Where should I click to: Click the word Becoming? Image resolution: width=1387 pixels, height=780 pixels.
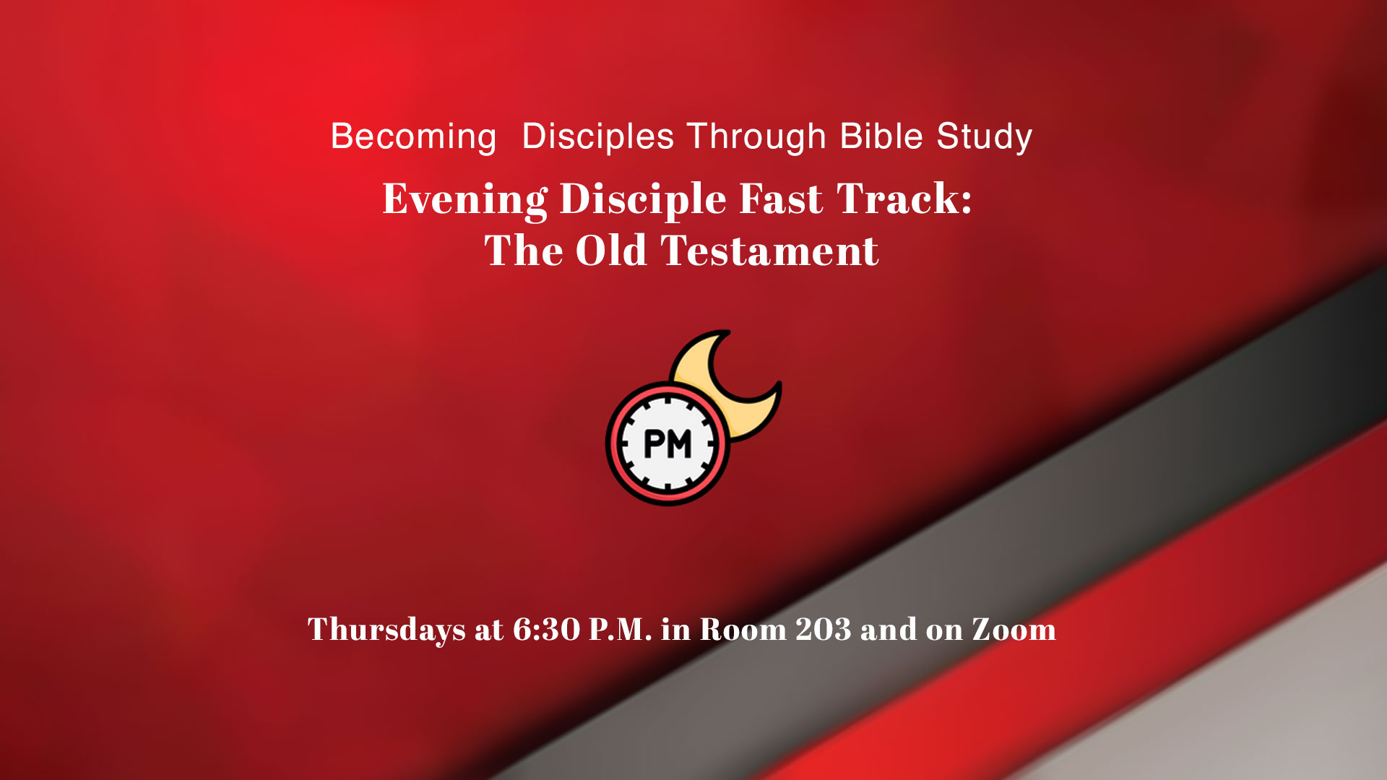point(413,137)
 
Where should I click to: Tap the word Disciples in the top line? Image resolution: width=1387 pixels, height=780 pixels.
point(597,137)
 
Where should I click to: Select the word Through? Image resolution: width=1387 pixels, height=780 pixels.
point(756,137)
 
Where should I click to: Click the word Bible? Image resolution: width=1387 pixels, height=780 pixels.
point(881,137)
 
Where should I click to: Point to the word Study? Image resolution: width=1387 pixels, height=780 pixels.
point(985,137)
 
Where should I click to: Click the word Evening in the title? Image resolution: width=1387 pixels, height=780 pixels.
point(465,199)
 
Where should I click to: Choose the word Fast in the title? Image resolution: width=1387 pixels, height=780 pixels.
point(781,199)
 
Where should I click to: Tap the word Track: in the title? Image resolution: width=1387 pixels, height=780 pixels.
point(904,199)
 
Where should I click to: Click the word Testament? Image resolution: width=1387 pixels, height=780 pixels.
point(769,251)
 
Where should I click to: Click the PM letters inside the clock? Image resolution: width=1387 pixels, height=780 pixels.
point(667,444)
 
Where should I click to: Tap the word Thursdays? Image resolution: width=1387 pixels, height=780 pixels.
point(386,630)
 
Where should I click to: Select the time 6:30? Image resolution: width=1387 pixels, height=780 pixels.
point(546,630)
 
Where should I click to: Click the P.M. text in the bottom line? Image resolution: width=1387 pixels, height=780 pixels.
point(620,630)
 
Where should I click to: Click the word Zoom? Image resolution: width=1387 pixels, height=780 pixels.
point(1014,630)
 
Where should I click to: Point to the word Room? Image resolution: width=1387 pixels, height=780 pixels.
point(743,630)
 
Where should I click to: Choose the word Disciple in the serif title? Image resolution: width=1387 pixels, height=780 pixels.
point(643,199)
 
